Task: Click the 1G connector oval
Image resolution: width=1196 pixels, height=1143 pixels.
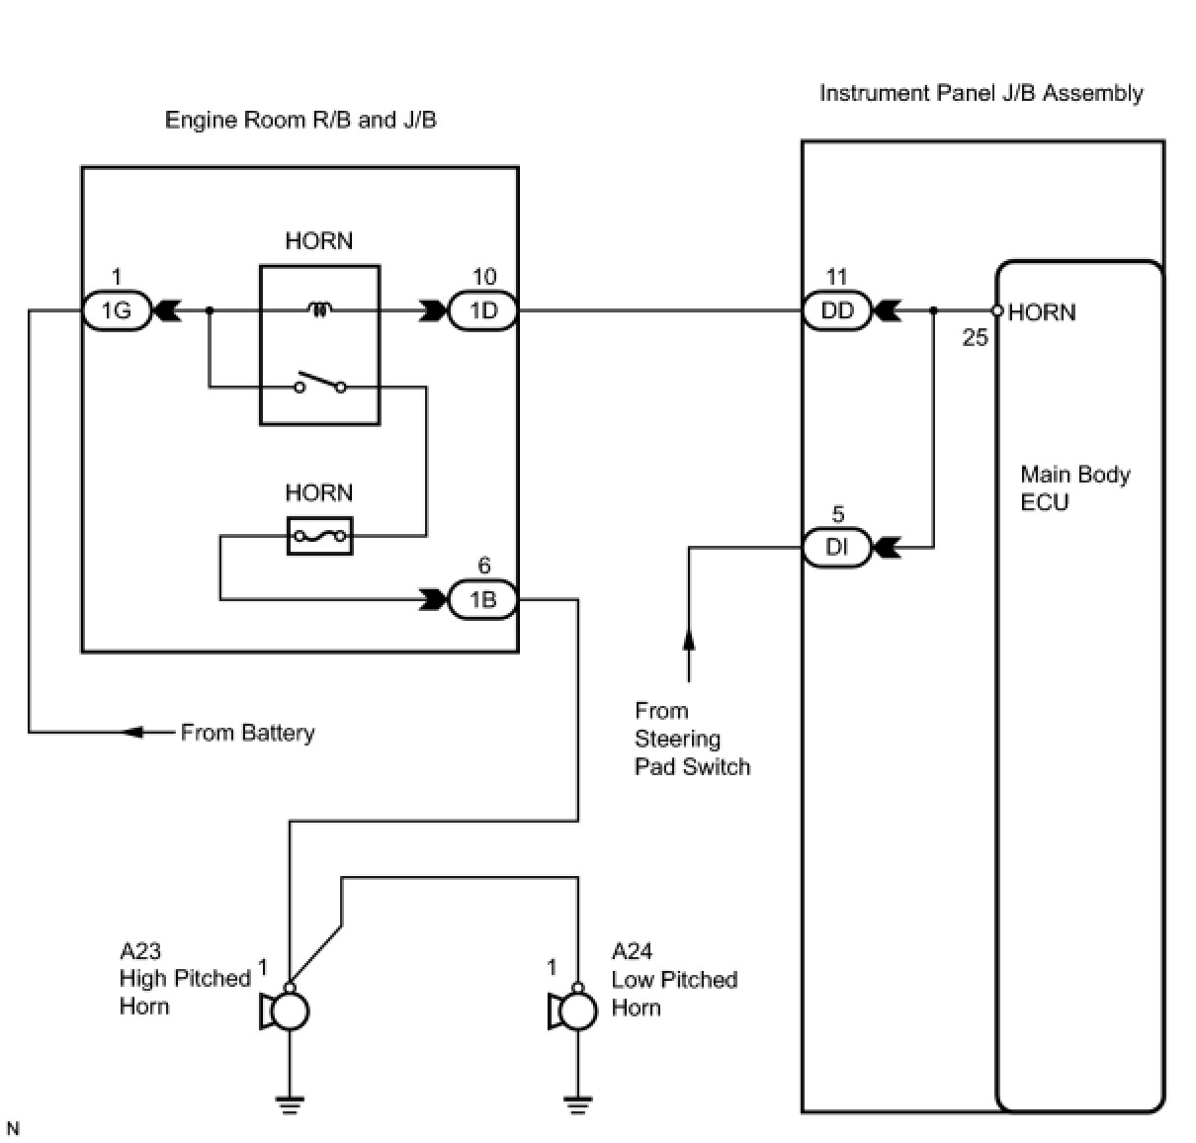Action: (117, 310)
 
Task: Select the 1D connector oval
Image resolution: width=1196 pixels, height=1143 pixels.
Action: (483, 310)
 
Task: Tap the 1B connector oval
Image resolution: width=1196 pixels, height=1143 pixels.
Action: (483, 599)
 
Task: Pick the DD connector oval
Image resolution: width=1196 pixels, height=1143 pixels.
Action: (837, 310)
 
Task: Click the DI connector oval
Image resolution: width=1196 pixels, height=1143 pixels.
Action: (837, 547)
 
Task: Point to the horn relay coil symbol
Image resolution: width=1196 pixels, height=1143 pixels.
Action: (319, 309)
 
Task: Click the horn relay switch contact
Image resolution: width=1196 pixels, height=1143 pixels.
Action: (320, 383)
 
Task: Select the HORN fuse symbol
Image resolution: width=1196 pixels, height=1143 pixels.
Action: (320, 536)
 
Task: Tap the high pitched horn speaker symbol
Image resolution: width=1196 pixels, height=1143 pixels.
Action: (285, 1011)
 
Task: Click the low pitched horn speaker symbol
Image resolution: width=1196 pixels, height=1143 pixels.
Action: (573, 1011)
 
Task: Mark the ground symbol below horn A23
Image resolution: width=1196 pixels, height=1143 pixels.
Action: (290, 1104)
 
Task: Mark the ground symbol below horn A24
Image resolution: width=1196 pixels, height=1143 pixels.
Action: (577, 1104)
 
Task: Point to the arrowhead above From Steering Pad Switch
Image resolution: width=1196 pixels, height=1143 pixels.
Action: (689, 639)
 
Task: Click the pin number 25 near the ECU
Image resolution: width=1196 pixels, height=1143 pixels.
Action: (975, 337)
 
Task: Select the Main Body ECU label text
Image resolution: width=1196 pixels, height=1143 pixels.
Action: (1075, 488)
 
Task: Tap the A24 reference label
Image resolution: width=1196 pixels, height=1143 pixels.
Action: (632, 951)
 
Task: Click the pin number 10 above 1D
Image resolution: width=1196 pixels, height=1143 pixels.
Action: (484, 277)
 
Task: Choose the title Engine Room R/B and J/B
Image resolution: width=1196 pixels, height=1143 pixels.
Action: (300, 120)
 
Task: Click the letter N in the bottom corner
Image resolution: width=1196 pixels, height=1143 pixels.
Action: (13, 1129)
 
